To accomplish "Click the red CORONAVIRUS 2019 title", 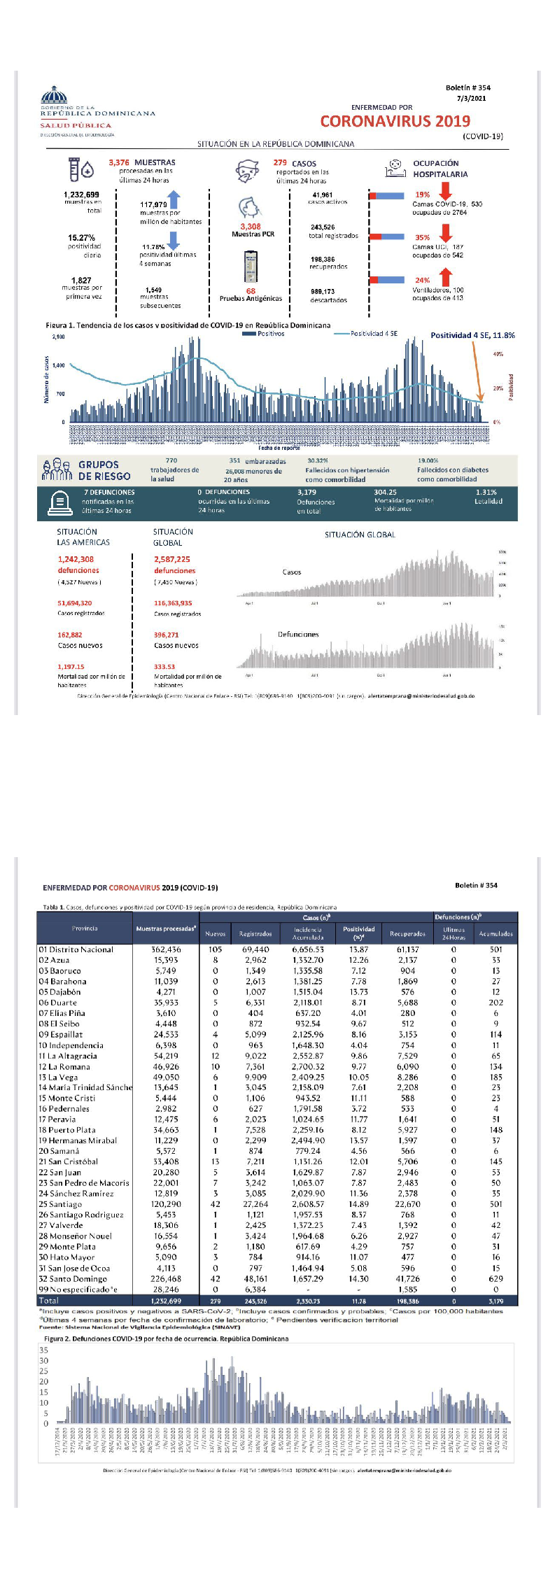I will tap(395, 121).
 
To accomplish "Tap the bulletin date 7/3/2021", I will tap(471, 99).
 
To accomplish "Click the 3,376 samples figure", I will tap(119, 162).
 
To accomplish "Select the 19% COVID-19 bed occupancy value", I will tap(423, 195).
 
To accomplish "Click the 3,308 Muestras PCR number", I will tap(251, 227).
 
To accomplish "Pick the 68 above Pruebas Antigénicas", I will tap(251, 291).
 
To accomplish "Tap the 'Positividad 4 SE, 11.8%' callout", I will tap(472, 335).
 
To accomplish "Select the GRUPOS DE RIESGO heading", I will tap(104, 470).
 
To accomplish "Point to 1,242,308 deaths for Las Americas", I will tap(76, 559).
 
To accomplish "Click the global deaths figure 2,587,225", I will tap(172, 559).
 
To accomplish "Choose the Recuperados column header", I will tap(407, 933).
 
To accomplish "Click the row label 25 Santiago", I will tap(62, 1204).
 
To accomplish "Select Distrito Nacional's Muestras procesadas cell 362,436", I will tap(166, 949).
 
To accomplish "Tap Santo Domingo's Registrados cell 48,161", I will tap(255, 1278).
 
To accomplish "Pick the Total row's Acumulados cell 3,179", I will tap(496, 1301).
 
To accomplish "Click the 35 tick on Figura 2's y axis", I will tap(43, 1350).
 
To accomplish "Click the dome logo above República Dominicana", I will tap(53, 95).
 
